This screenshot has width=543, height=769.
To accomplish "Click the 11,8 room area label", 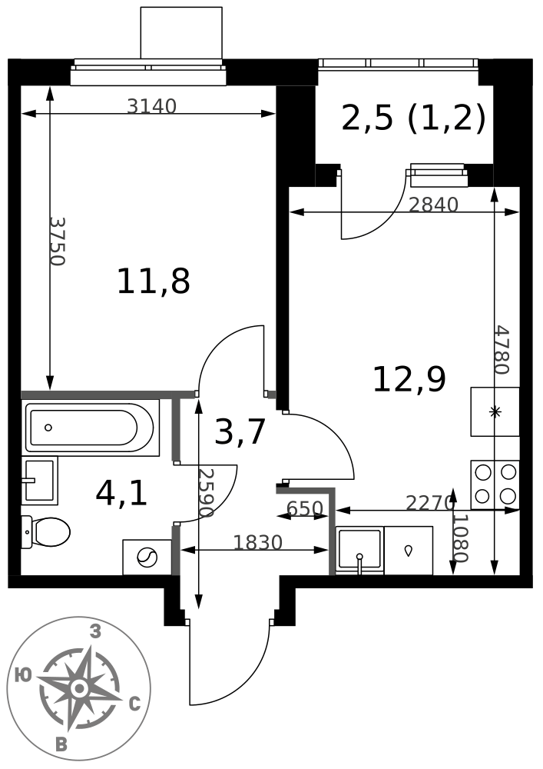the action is click(154, 281).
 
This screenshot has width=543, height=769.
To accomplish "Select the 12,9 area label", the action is click(409, 380).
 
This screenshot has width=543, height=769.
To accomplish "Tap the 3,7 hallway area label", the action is click(240, 431).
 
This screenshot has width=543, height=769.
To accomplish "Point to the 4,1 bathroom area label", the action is click(121, 494).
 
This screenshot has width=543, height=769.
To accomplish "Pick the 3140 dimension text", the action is click(151, 106).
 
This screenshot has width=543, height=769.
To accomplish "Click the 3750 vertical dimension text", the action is click(58, 241).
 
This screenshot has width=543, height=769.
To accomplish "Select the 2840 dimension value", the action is click(433, 205).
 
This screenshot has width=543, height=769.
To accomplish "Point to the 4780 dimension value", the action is click(502, 350).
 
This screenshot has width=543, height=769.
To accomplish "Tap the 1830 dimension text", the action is click(258, 542).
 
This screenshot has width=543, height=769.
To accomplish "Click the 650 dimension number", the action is click(305, 508).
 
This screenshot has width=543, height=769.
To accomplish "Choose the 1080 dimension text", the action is click(461, 538).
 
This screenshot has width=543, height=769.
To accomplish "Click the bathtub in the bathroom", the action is click(91, 428).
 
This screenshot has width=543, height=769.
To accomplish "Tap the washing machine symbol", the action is click(147, 557).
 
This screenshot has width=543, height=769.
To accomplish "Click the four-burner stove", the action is click(495, 484).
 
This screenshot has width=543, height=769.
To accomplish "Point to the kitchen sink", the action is click(359, 551).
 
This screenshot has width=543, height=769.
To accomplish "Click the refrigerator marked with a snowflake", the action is click(495, 411).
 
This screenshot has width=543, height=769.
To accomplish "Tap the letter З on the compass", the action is click(95, 631).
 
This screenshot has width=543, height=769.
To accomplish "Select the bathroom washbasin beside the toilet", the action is click(40, 481).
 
